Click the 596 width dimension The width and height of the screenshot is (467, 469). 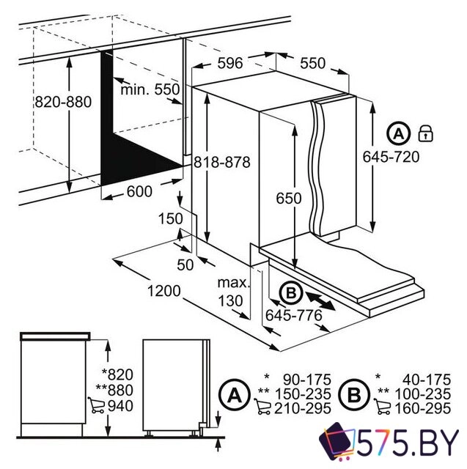pos(229,63)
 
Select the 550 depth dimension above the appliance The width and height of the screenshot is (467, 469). pos(312,63)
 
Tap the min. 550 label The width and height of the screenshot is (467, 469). pos(150,89)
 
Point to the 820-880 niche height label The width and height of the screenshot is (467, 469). pos(63,102)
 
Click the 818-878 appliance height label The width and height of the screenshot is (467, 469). pos(222,163)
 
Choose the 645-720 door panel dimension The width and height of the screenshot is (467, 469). pos(391,157)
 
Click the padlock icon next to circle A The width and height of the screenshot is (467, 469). pos(425,133)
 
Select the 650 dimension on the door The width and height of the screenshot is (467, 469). pos(289,199)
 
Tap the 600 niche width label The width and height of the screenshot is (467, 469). pos(139,191)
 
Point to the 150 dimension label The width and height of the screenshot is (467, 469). pos(170,218)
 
